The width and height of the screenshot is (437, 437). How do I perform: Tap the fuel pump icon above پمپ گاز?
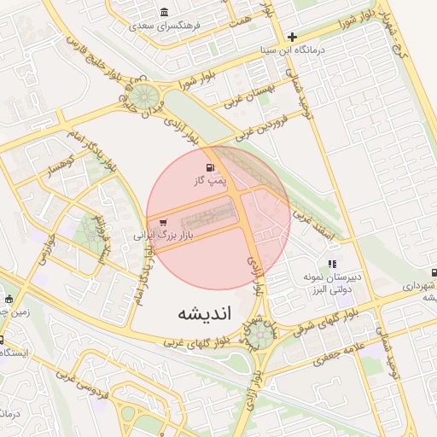(x=209, y=168)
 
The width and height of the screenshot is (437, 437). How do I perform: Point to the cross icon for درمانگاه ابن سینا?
(x=293, y=37)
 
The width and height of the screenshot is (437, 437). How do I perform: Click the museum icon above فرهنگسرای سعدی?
(x=164, y=13)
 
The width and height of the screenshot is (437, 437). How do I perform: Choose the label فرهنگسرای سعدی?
(x=164, y=26)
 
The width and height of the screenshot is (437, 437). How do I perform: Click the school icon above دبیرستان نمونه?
(x=332, y=265)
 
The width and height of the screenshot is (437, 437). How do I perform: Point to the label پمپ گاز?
(x=209, y=181)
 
